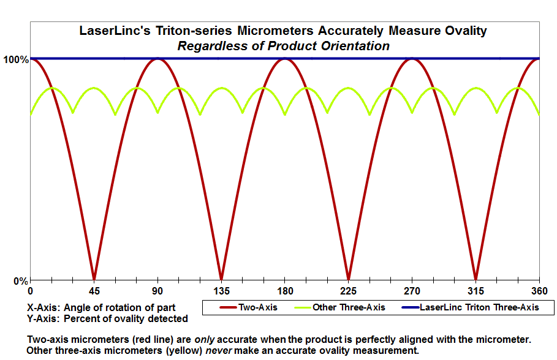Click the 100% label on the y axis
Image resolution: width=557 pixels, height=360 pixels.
click(x=15, y=59)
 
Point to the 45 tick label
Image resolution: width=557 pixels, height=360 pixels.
click(x=94, y=291)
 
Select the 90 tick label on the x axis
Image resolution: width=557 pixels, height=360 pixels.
click(x=157, y=291)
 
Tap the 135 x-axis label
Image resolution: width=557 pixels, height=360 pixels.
click(x=221, y=291)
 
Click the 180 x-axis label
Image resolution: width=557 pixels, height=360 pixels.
click(x=284, y=291)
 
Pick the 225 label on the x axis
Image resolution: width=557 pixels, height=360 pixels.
click(x=348, y=291)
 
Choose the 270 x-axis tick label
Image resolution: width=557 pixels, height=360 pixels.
click(x=412, y=291)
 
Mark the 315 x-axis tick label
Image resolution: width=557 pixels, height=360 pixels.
click(x=476, y=291)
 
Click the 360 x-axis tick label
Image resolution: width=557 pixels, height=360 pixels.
click(x=539, y=291)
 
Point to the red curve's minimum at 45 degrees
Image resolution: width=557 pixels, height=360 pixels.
click(x=94, y=279)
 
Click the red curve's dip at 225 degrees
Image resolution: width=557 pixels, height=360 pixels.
click(x=348, y=279)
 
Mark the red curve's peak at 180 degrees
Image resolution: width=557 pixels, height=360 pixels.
click(x=284, y=59)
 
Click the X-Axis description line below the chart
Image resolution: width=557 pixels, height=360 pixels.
click(x=101, y=307)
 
